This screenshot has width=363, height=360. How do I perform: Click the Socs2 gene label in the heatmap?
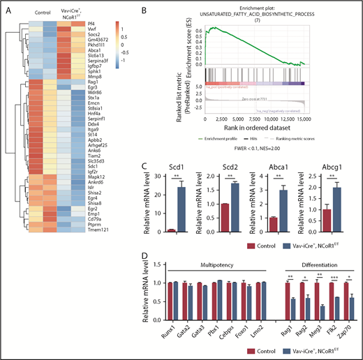tap(96, 34)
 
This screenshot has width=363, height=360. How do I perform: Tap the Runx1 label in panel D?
tap(167, 329)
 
